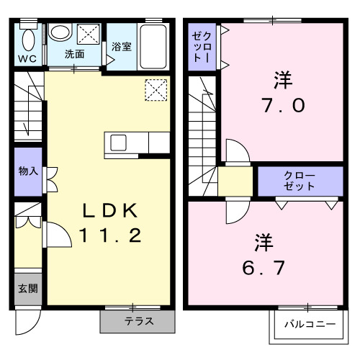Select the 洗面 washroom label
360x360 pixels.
pos(75,54)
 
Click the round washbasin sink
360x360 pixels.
pos(59,33)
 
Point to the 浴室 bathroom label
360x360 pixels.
pos(122,47)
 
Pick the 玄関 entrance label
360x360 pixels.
pos(28,289)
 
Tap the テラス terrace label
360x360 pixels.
pos(138,321)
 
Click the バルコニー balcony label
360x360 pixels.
pos(309,324)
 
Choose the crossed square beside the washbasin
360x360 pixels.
pos(88,34)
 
